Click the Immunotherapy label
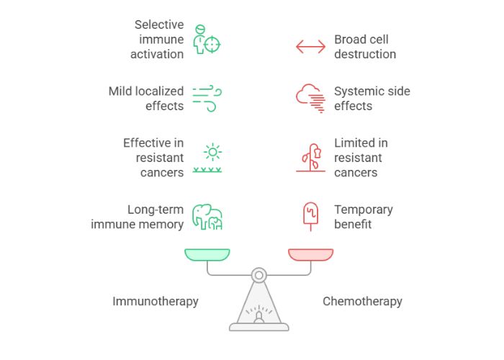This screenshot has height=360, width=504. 155,301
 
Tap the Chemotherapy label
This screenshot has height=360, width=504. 362,301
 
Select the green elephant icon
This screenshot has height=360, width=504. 207,217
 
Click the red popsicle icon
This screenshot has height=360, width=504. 310,216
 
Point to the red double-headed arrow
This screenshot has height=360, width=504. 310,47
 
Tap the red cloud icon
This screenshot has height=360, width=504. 310,99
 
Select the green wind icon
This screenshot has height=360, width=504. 207,99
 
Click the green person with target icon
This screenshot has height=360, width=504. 207,40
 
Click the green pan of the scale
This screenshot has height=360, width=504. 207,254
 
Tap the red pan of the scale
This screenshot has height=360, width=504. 310,254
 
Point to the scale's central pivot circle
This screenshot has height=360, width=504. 259,274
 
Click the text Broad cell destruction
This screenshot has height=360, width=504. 365,47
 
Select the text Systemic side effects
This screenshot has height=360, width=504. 372,99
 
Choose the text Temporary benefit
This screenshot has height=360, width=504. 363,217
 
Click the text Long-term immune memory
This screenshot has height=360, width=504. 138,217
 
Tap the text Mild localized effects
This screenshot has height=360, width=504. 146,99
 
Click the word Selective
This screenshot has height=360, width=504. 159,25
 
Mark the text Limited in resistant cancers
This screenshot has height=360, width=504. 361,158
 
